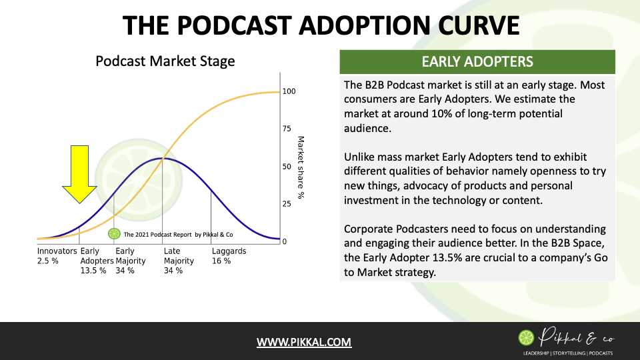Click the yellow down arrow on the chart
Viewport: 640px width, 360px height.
(79, 173)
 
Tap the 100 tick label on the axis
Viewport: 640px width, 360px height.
(289, 91)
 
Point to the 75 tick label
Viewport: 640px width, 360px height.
(287, 129)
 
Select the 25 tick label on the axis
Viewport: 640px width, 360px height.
(287, 204)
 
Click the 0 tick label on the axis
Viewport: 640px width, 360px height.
(285, 241)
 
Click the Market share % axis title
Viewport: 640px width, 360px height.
(301, 167)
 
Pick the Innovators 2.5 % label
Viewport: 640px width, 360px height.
(57, 256)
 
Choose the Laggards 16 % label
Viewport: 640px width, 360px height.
(229, 256)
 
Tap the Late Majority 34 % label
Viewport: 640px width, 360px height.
(179, 261)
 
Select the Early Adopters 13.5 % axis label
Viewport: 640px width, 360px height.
(97, 261)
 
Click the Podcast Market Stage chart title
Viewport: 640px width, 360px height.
(165, 61)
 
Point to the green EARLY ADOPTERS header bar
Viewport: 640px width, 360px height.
(477, 61)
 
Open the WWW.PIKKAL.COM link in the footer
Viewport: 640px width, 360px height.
(304, 342)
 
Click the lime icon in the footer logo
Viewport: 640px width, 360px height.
(526, 337)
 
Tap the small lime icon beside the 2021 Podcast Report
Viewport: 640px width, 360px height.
(114, 234)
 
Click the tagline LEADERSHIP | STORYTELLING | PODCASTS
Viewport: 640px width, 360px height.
(568, 353)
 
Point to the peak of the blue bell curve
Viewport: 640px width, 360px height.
(163, 158)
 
